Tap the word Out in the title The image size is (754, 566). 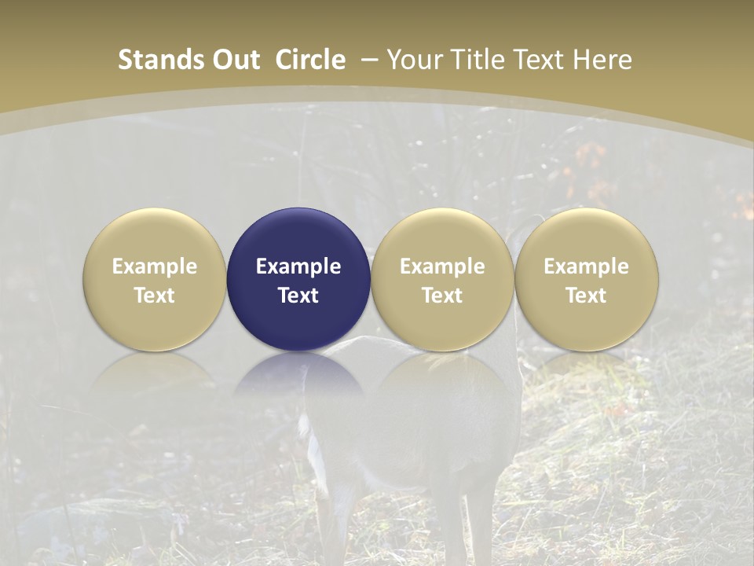click(234, 60)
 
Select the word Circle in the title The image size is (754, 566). click(310, 60)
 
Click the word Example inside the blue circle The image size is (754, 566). click(298, 266)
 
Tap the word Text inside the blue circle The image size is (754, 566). click(298, 296)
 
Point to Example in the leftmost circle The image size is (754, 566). click(155, 266)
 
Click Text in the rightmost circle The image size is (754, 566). click(587, 296)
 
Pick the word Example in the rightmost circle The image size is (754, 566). click(587, 266)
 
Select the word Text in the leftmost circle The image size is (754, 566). click(155, 296)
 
